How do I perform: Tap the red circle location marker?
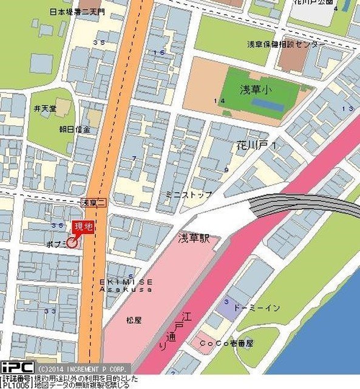tap(72, 243)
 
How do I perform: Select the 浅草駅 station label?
tap(194, 238)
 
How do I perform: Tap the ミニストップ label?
tap(189, 194)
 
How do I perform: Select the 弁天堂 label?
tap(45, 109)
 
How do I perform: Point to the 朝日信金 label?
tap(75, 129)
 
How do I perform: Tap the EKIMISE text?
tap(126, 282)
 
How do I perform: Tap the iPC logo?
tap(17, 368)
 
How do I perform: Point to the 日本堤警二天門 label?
tap(77, 12)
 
